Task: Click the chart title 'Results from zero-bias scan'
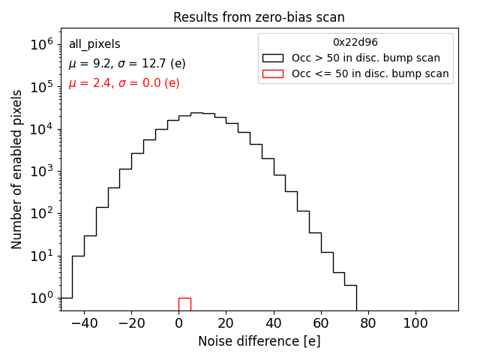(259, 17)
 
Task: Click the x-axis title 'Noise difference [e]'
(259, 341)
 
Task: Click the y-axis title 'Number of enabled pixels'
(16, 169)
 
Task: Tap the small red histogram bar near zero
(184, 304)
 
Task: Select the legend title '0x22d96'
(355, 42)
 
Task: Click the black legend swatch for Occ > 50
(273, 58)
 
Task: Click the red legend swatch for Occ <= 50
(273, 73)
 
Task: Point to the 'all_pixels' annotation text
(94, 44)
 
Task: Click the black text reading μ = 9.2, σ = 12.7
(127, 64)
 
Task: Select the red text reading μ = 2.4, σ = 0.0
(124, 83)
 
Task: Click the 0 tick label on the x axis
(178, 323)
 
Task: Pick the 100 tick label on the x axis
(415, 323)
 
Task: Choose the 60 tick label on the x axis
(321, 323)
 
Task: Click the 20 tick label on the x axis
(226, 323)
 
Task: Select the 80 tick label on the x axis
(368, 323)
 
